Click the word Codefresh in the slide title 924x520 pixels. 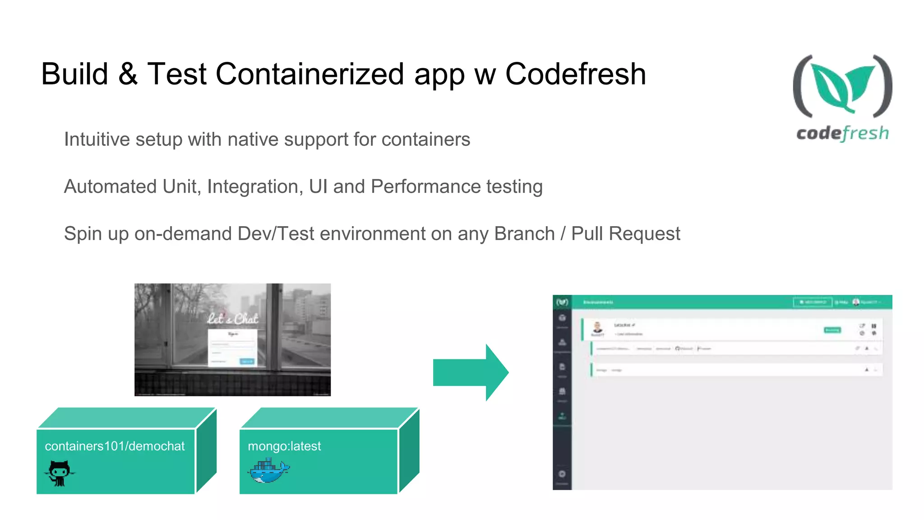click(x=575, y=74)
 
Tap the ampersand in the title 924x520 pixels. click(x=128, y=74)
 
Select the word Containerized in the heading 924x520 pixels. click(x=310, y=74)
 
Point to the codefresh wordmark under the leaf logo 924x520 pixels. click(x=842, y=134)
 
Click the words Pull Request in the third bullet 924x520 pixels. click(x=625, y=234)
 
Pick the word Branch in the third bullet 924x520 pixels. click(x=524, y=234)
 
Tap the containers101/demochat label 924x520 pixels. click(x=115, y=446)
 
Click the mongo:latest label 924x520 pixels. click(x=284, y=446)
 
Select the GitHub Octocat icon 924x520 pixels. click(x=60, y=473)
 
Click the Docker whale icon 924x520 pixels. click(x=268, y=471)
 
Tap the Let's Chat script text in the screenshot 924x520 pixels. click(x=233, y=319)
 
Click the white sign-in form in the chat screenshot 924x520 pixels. click(x=232, y=348)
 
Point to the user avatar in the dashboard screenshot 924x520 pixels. click(x=597, y=328)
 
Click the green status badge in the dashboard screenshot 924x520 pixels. click(x=832, y=330)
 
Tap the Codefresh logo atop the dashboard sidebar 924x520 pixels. click(x=562, y=302)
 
